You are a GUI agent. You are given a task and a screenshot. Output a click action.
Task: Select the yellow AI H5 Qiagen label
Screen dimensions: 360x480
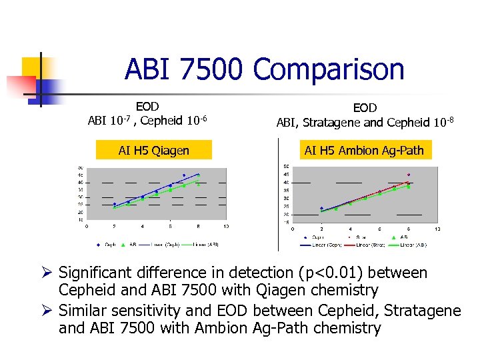154,151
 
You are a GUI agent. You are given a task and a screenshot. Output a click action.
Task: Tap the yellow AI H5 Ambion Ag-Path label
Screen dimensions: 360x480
363,150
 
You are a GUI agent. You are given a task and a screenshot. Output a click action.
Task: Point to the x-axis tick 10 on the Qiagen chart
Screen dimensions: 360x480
225,227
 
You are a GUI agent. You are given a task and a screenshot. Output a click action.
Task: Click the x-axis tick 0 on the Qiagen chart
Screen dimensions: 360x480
87,227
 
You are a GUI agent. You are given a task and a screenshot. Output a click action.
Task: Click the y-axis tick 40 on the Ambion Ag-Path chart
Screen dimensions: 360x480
286,182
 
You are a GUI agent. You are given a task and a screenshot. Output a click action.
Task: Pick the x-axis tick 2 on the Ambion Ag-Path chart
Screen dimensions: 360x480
321,229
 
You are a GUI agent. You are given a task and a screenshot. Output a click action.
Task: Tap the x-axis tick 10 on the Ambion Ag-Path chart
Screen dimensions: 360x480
437,229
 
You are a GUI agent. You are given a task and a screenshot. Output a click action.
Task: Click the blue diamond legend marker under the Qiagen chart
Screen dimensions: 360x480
99,244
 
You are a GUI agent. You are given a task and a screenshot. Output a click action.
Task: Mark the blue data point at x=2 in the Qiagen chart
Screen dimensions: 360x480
115,204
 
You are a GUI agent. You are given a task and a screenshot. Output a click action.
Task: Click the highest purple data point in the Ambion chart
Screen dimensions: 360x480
408,175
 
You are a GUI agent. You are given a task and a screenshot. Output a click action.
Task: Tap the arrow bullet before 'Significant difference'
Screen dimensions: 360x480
47,273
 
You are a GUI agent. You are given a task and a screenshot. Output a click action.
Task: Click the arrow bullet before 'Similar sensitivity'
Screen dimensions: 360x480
47,311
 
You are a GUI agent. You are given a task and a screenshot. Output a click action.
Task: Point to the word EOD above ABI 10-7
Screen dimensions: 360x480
147,106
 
